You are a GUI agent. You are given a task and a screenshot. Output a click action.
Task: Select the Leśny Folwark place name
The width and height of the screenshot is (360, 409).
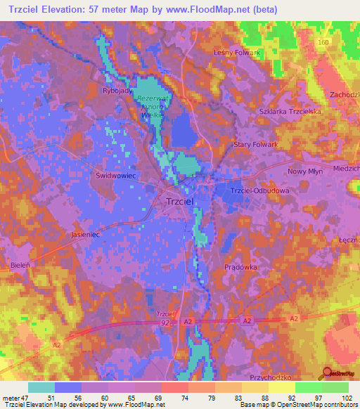tap(237, 52)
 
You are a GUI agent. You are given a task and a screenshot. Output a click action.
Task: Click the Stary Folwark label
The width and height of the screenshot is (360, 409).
tap(256, 144)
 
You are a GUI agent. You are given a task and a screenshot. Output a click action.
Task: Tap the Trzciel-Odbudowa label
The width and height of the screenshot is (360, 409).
tap(260, 190)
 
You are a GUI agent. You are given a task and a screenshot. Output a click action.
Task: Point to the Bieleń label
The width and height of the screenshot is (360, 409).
tap(21, 268)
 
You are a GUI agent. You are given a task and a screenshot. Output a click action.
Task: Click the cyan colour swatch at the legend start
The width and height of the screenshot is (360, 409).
tap(41, 387)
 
